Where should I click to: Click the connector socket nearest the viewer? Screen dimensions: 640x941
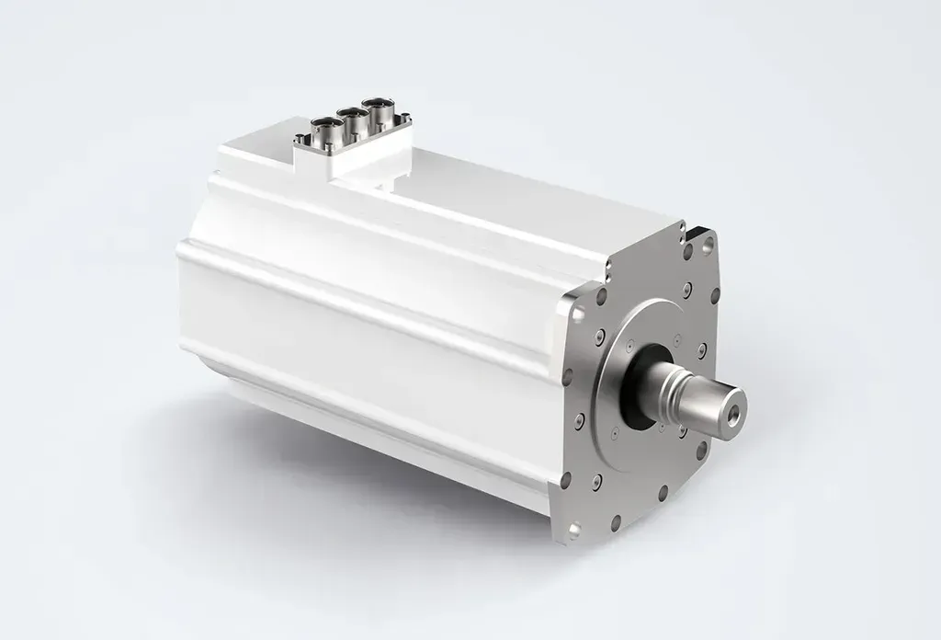click(x=327, y=129)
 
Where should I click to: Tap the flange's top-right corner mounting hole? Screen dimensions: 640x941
click(x=707, y=246)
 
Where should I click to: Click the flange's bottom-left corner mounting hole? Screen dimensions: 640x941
click(x=573, y=531)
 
